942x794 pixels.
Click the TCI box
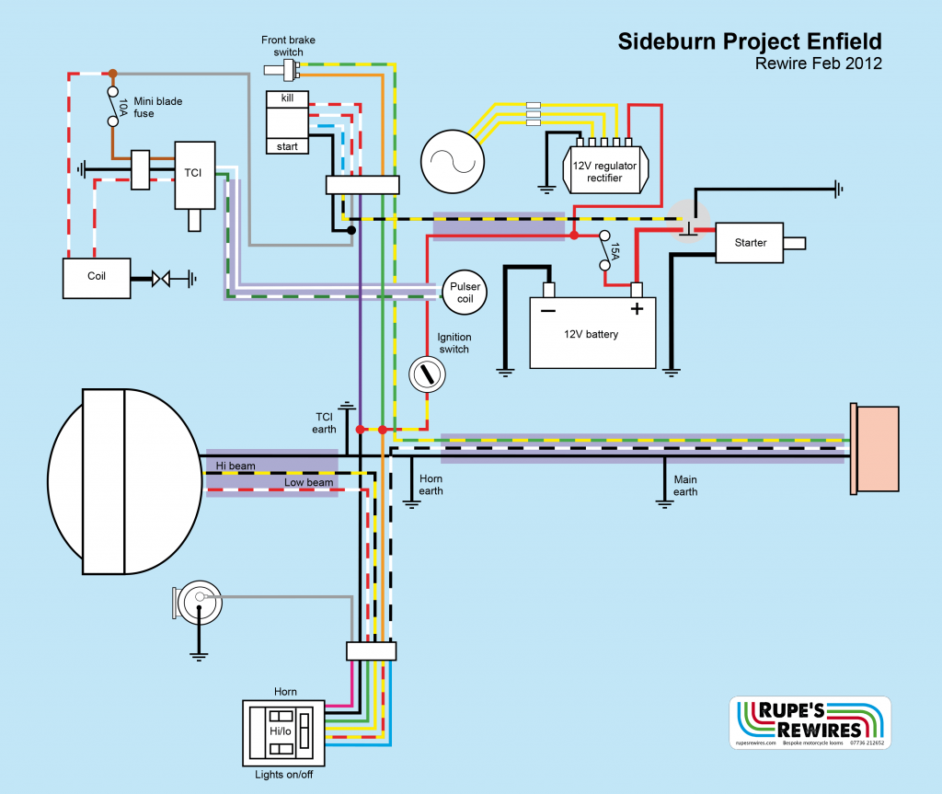[x=194, y=174]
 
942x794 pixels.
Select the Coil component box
[x=96, y=276]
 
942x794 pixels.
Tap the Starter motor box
[x=751, y=243]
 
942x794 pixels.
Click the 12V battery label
[x=592, y=334]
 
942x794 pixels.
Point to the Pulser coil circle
[x=465, y=293]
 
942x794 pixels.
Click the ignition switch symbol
[x=425, y=373]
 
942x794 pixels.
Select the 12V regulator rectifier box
[x=604, y=171]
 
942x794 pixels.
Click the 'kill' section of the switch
[x=287, y=98]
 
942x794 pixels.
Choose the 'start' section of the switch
[x=287, y=145]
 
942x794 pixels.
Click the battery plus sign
[x=636, y=310]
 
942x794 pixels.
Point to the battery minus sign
[x=548, y=311]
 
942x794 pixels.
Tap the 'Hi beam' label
[x=235, y=466]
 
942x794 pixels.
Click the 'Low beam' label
[x=307, y=482]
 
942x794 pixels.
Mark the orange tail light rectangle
[x=872, y=448]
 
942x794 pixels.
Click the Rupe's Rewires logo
[x=810, y=723]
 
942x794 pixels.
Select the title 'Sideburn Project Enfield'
[x=750, y=41]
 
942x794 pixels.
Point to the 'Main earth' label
[x=685, y=485]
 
